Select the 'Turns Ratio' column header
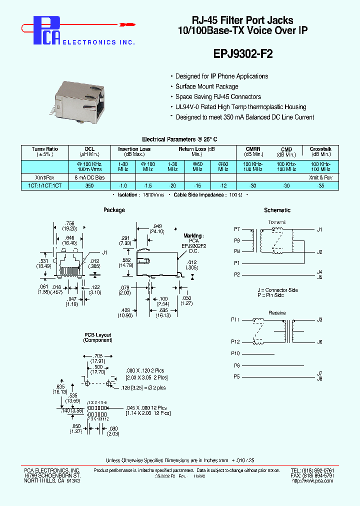pyautogui.click(x=45, y=149)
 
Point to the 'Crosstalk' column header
pyautogui.click(x=320, y=149)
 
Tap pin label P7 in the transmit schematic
pyautogui.click(x=237, y=229)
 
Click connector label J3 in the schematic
pyautogui.click(x=319, y=319)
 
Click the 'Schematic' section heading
pyautogui.click(x=277, y=210)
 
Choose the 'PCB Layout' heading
pyautogui.click(x=97, y=335)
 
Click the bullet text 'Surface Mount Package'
pyautogui.click(x=206, y=86)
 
